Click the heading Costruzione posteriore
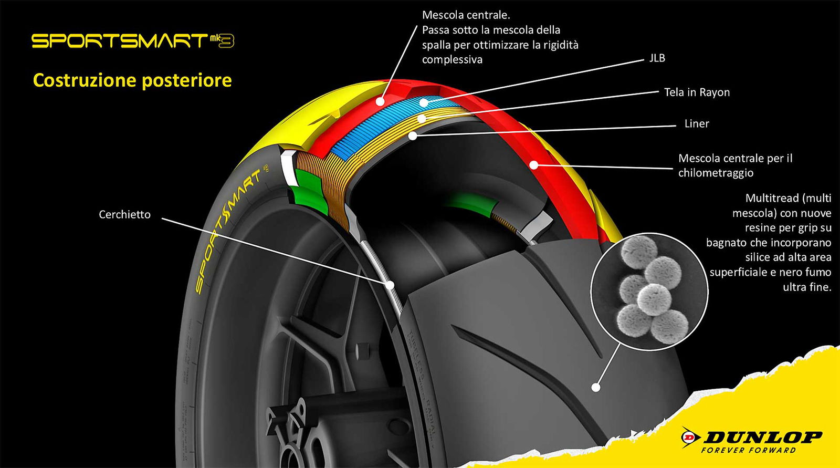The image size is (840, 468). [132, 80]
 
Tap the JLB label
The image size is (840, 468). [657, 58]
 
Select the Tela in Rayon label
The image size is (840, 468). [697, 92]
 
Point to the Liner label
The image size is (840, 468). [697, 124]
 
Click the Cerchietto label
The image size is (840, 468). [124, 214]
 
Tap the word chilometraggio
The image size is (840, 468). [716, 173]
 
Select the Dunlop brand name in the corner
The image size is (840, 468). [762, 436]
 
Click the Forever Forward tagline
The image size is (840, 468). [748, 450]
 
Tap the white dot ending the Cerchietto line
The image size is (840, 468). [390, 285]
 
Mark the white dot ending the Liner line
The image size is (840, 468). [413, 136]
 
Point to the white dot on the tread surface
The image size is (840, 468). [595, 388]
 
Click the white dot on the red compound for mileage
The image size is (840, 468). [533, 164]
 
